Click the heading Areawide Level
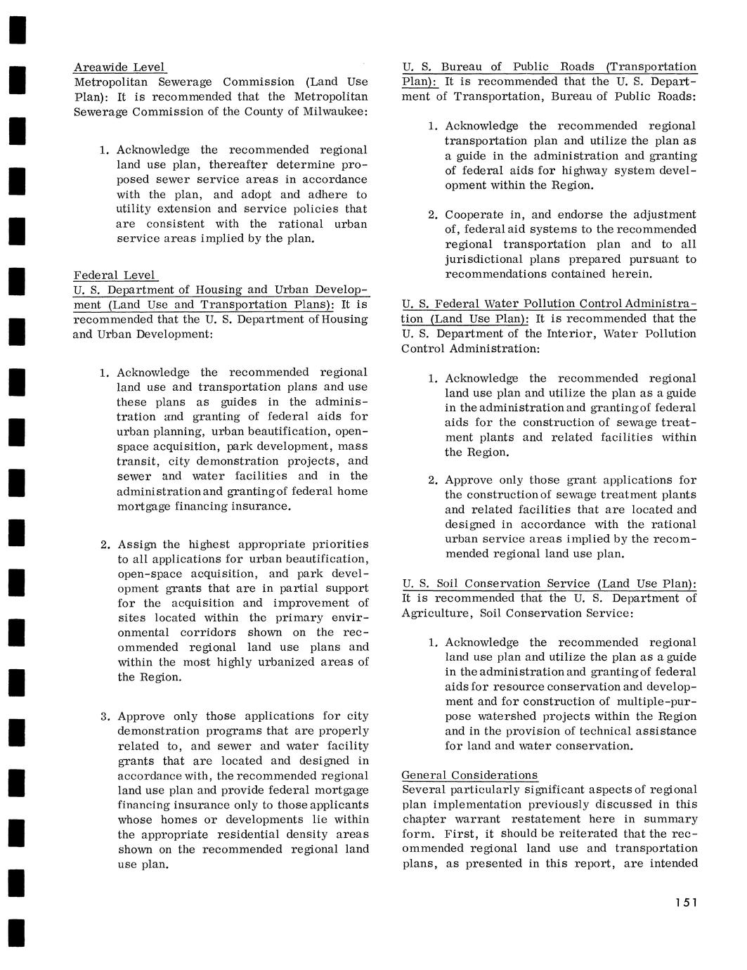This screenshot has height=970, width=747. tap(119, 67)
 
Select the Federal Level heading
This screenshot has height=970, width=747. tap(115, 276)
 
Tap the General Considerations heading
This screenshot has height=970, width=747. tap(469, 775)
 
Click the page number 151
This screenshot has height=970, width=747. tap(683, 903)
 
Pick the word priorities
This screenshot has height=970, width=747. tap(332, 544)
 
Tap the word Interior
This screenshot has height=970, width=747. tap(569, 334)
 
